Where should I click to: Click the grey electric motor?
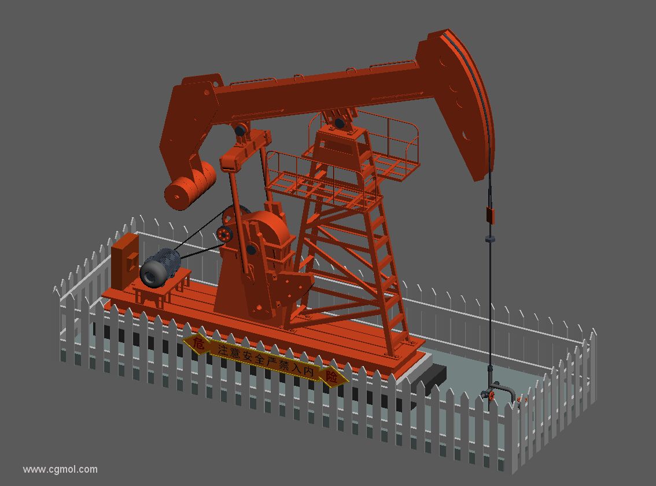(x=160, y=268)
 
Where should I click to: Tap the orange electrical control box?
(x=125, y=261)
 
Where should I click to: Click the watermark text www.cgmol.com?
(x=60, y=469)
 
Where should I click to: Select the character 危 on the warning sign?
(x=198, y=344)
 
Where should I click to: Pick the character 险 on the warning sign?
(x=332, y=377)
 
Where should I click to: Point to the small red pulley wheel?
(x=224, y=234)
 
